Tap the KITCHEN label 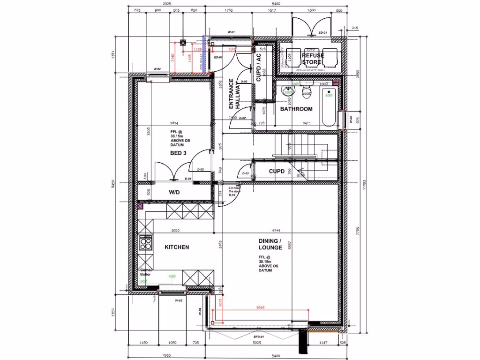[x=177, y=247]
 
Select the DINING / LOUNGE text [x=270, y=244]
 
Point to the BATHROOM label [x=296, y=109]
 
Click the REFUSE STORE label [x=312, y=59]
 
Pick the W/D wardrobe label [x=175, y=192]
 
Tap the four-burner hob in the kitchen [x=146, y=244]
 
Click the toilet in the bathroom [x=307, y=91]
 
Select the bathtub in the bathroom [x=329, y=105]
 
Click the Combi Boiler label [x=145, y=273]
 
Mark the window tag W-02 [x=157, y=69]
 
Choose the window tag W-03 [x=178, y=300]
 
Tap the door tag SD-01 [x=322, y=33]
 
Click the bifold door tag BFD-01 [x=259, y=337]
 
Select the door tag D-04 [x=188, y=179]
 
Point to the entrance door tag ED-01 [x=217, y=57]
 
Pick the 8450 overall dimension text [x=112, y=185]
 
